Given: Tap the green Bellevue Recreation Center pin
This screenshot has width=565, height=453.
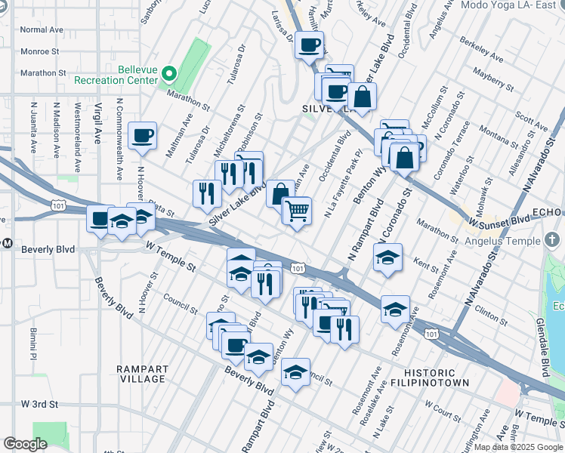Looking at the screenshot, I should pos(170,74).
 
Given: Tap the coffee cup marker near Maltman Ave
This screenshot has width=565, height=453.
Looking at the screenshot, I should pos(143,136).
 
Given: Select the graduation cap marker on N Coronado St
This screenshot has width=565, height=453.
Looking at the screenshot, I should pos(387,258).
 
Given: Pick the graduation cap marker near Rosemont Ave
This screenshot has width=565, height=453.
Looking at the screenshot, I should pos(395,310).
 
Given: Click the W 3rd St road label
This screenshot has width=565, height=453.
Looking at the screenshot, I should pos(39,404).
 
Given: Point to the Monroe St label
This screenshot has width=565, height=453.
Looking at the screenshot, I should pos(40,51).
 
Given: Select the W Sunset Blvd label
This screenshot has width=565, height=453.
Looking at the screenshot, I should pos(499,221).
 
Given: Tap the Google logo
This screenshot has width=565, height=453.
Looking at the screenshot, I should pos(25,444).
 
